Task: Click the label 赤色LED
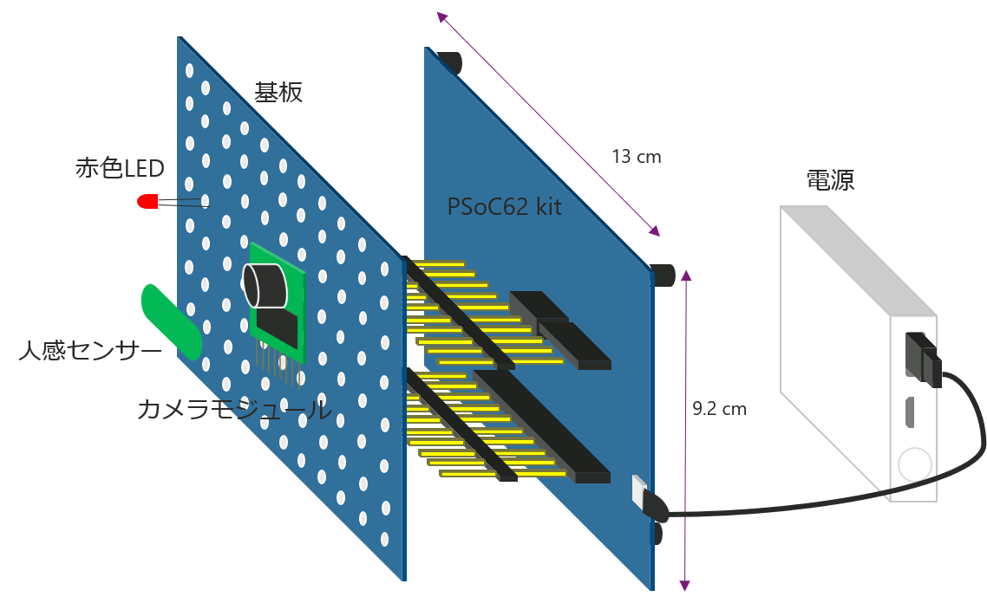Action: (120, 168)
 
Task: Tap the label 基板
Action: (278, 93)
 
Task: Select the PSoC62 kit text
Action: (504, 207)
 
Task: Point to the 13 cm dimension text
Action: (637, 157)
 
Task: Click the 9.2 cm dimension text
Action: (720, 408)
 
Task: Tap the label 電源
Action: (830, 180)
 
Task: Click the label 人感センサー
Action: (89, 351)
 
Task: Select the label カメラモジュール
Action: (234, 410)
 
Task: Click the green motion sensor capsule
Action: (172, 321)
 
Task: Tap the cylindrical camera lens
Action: (265, 285)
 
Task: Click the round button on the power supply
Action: (914, 465)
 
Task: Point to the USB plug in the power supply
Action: (919, 357)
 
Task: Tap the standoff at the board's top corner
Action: (449, 62)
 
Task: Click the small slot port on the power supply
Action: (910, 412)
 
